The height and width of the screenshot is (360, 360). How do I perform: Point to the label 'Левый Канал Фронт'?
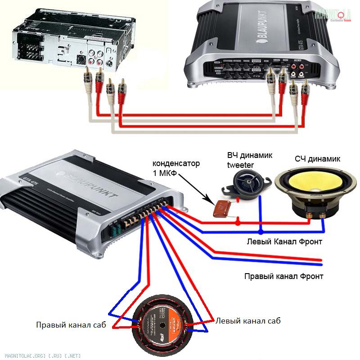(x=284, y=242)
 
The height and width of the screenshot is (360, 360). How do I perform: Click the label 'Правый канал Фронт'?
(x=283, y=276)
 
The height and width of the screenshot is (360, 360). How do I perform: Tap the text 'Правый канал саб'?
(x=71, y=324)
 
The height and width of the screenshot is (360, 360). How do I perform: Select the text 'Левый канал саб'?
(x=248, y=321)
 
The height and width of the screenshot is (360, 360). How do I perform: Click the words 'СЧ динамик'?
(x=318, y=159)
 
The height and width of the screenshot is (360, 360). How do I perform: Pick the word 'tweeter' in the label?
(x=241, y=165)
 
